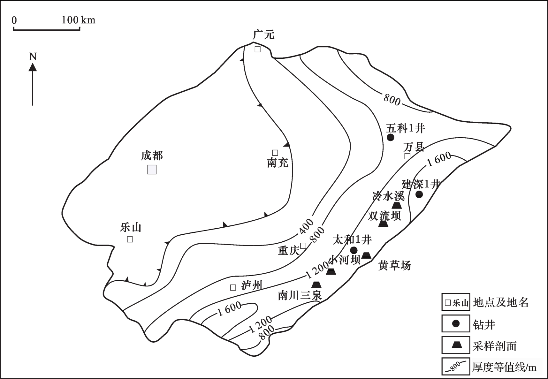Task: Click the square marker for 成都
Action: click(152, 170)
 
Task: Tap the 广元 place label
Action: click(264, 34)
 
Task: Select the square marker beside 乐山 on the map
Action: click(130, 239)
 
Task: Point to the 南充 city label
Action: click(278, 163)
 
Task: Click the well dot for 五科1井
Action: click(390, 137)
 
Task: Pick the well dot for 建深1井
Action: click(419, 194)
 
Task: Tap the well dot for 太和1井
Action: click(354, 250)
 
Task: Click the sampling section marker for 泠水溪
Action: click(397, 205)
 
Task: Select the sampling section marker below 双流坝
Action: click(383, 224)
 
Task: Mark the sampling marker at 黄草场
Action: click(366, 255)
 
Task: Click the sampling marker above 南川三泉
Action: click(316, 284)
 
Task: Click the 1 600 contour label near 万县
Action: click(439, 159)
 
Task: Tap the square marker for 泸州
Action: click(233, 287)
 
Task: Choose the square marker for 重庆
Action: click(303, 246)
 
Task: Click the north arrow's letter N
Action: click(33, 57)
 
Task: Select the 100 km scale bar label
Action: click(79, 20)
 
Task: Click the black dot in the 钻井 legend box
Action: click(456, 323)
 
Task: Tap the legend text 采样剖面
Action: click(494, 346)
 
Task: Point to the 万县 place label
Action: click(414, 147)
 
